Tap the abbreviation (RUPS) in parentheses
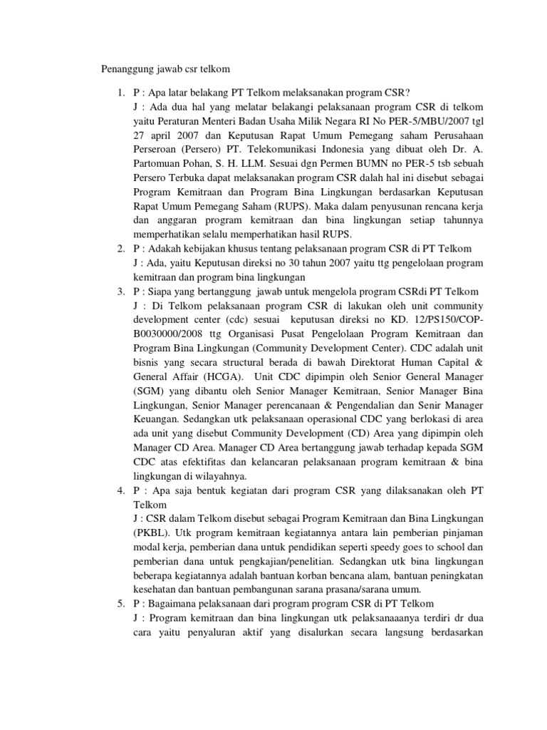(275, 206)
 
